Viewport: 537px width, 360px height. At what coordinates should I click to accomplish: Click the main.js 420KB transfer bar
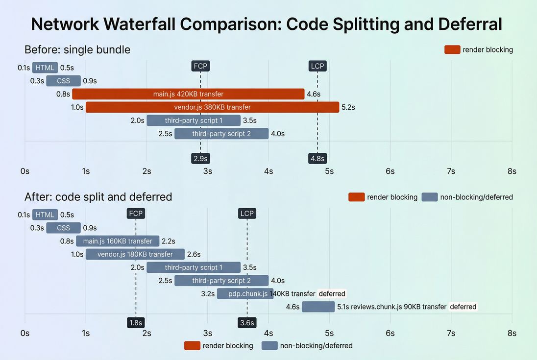(x=188, y=94)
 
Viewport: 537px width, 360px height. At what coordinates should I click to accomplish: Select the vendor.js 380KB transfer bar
(x=212, y=107)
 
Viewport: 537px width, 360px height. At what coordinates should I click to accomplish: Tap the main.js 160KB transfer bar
(x=118, y=241)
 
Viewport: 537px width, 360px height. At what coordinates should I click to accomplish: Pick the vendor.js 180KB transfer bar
(x=135, y=254)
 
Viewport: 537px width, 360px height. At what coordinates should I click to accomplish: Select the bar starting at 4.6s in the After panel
(x=318, y=307)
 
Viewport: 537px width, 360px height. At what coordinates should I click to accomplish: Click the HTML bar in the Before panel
(x=45, y=68)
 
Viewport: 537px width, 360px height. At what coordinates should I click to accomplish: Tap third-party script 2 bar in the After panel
(x=221, y=281)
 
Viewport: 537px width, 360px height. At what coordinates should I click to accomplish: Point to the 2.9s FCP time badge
(x=200, y=158)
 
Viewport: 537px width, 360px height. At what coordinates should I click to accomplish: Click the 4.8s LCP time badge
(x=317, y=158)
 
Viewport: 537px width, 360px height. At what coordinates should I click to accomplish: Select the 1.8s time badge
(x=136, y=322)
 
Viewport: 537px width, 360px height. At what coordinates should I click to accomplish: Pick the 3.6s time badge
(x=247, y=322)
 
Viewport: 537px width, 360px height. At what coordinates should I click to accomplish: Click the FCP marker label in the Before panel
(x=200, y=66)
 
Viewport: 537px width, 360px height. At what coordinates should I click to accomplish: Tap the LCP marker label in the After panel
(x=247, y=213)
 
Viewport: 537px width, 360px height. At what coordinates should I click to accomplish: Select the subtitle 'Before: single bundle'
(x=77, y=49)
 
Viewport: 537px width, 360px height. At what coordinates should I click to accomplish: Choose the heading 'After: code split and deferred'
(x=98, y=197)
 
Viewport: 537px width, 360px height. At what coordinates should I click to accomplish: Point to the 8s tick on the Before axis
(x=512, y=171)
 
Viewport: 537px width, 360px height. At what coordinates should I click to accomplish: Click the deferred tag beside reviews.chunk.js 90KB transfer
(x=463, y=307)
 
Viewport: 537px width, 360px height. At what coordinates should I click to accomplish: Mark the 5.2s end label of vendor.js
(x=348, y=107)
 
